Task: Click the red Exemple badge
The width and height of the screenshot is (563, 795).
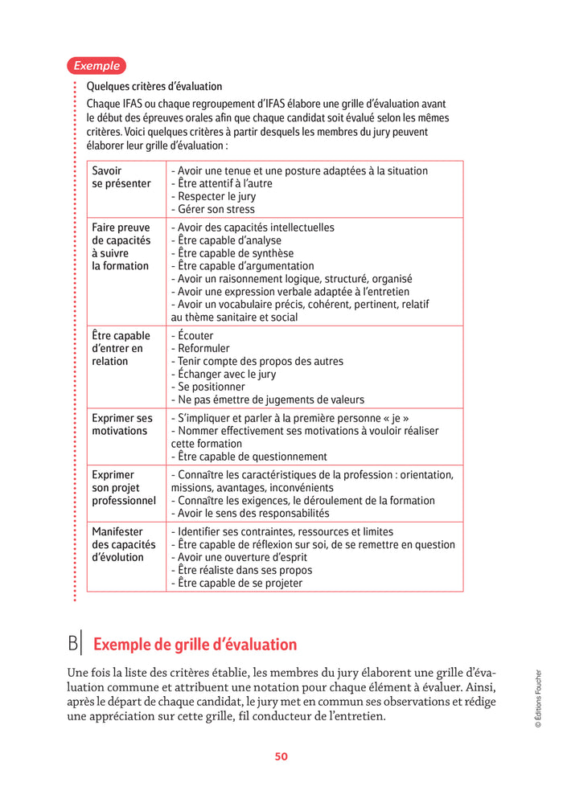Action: (97, 66)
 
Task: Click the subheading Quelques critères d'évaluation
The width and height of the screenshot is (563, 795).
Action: (154, 87)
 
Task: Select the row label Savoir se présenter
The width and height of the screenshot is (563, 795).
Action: (121, 177)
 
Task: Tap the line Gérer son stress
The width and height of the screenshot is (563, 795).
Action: (207, 209)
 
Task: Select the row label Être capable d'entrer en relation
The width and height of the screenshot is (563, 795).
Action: (121, 349)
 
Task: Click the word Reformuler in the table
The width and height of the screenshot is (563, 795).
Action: (203, 349)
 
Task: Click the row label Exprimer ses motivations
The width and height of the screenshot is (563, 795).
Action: (121, 424)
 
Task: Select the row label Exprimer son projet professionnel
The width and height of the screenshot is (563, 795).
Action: (123, 488)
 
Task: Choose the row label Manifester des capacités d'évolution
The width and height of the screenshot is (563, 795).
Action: (123, 545)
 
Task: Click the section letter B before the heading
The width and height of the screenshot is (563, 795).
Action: (74, 644)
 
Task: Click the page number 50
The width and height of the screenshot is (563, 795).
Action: (281, 756)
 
